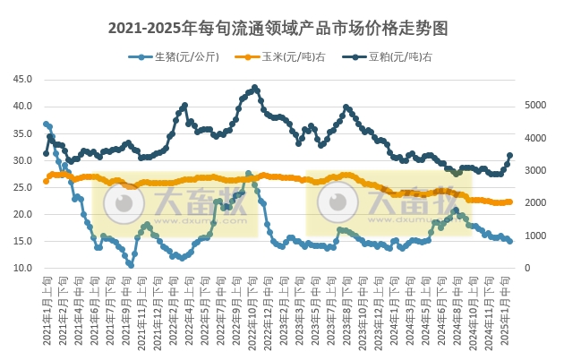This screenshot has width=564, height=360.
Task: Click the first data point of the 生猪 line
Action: click(46, 124)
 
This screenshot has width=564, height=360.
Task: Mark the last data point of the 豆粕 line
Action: click(510, 155)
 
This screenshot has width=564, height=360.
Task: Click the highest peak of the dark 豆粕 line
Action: click(255, 88)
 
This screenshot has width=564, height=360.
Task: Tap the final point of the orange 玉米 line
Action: click(510, 201)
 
